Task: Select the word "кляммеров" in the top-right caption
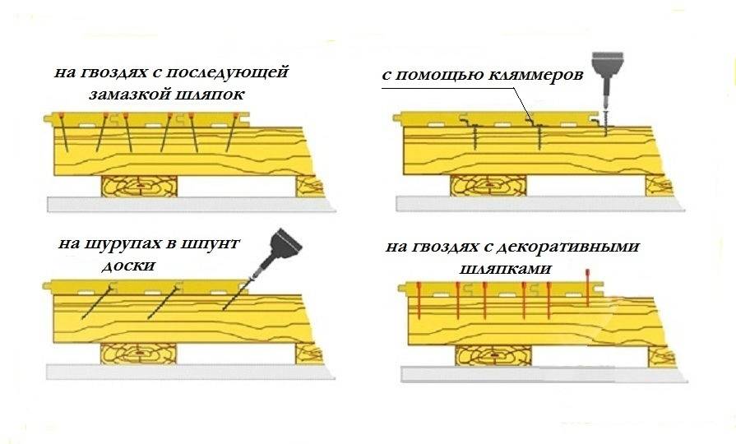click(x=535, y=75)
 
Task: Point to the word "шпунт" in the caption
click(x=211, y=244)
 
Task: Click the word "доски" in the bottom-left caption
click(x=128, y=266)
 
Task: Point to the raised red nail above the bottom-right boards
click(x=587, y=288)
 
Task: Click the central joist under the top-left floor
click(x=140, y=187)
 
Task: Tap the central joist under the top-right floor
click(x=488, y=185)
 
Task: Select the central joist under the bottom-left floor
click(x=138, y=354)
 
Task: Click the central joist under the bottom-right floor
click(x=493, y=356)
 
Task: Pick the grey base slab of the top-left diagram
click(x=191, y=204)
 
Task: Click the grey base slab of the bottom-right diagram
click(x=544, y=374)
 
